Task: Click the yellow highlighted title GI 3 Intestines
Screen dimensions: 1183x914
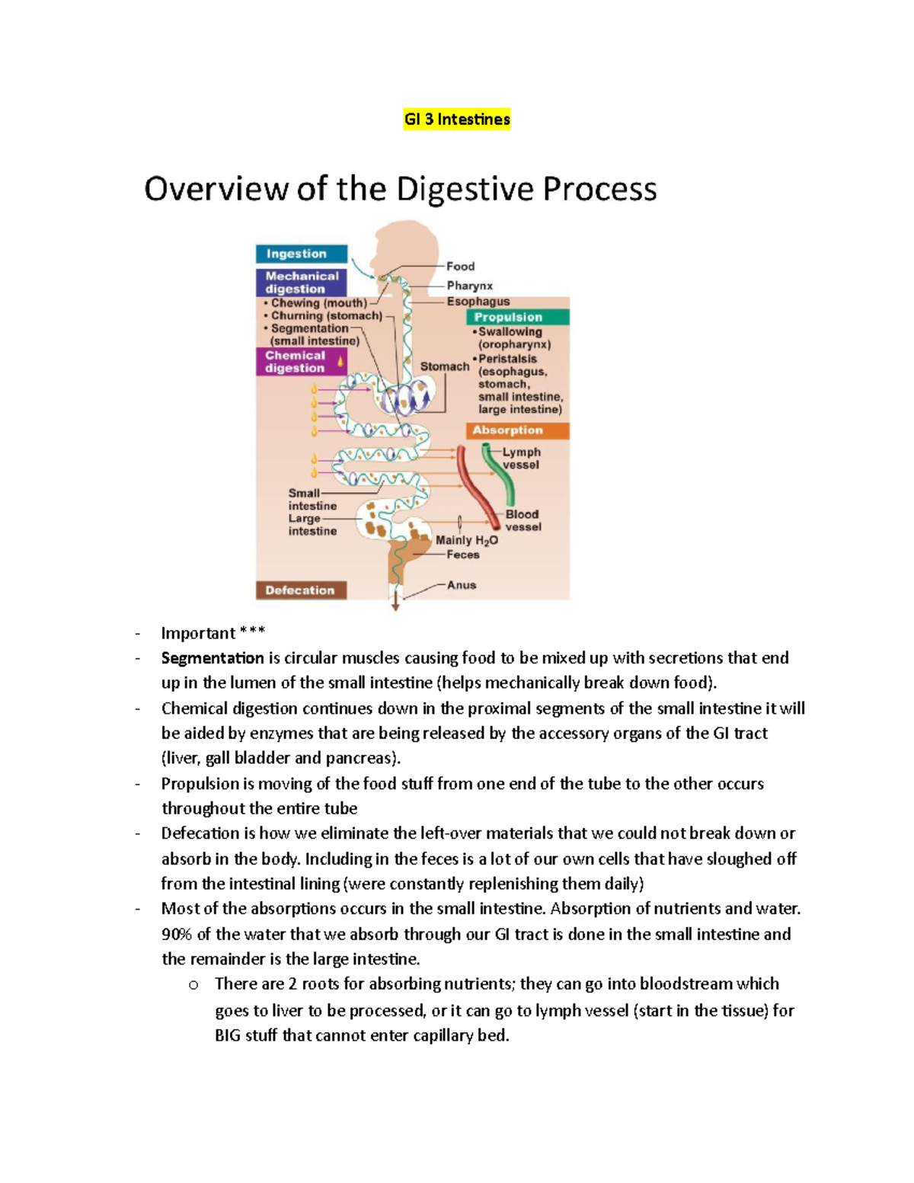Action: coord(456,119)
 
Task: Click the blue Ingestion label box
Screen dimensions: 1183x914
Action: coord(302,254)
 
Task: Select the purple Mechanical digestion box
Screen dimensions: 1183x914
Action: coord(302,283)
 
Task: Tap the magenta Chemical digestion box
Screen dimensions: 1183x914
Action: coord(301,362)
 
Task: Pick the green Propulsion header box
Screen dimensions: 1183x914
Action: coord(518,317)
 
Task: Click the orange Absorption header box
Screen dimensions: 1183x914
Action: coord(517,430)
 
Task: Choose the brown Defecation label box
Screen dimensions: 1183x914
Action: coord(300,590)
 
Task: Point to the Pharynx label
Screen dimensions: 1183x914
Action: coord(469,286)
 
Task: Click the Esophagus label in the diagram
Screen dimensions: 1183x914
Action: coord(478,302)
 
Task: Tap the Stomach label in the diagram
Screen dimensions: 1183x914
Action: coord(445,366)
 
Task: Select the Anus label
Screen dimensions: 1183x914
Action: coord(462,585)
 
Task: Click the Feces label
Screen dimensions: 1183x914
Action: coord(463,555)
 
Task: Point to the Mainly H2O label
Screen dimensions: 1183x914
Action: coord(466,540)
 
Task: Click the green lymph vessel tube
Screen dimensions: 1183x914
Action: coord(499,476)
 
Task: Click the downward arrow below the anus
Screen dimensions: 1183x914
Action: coord(395,604)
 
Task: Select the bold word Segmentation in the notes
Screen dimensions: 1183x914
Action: coord(213,657)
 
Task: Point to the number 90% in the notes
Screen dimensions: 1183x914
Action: coord(177,934)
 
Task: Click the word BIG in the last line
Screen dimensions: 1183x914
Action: coord(228,1035)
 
